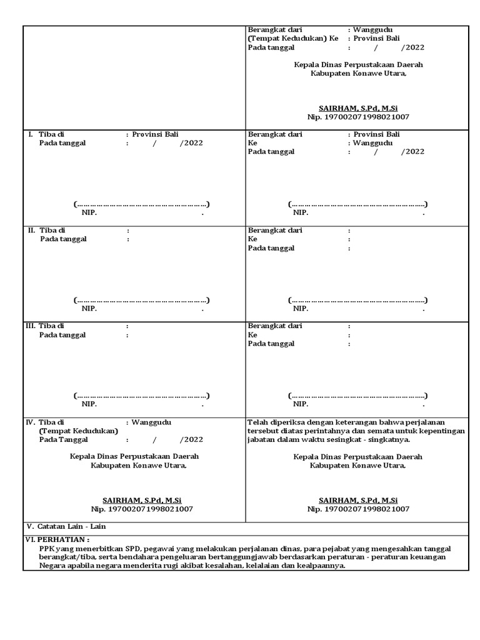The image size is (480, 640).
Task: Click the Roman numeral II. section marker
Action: [31, 230]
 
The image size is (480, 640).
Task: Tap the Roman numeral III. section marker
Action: [30, 326]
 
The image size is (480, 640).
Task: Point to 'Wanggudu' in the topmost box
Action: [374, 29]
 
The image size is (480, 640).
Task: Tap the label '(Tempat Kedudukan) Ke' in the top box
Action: [292, 38]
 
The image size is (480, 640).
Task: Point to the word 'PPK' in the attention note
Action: [47, 547]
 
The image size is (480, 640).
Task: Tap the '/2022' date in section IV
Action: [191, 439]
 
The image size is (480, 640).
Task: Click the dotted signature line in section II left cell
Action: [141, 300]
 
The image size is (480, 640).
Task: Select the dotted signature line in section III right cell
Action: [357, 396]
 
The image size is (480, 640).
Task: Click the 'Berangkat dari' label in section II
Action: [275, 230]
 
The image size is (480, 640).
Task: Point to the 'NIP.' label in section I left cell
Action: [89, 212]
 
